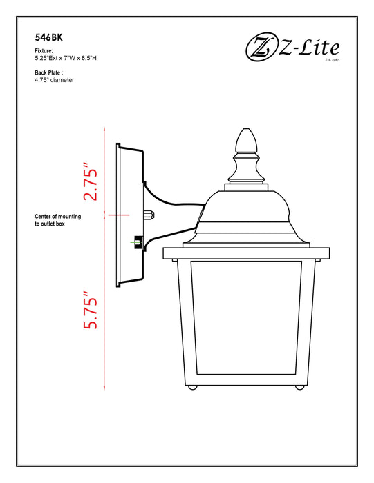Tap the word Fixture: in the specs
tap(44, 51)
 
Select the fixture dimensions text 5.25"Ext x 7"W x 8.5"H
tap(75, 59)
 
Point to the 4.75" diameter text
tap(54, 80)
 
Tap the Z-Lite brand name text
tap(310, 47)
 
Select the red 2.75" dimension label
tap(89, 182)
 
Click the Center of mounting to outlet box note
tap(57, 221)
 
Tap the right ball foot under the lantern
tap(299, 387)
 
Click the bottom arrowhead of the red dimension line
tap(104, 391)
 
